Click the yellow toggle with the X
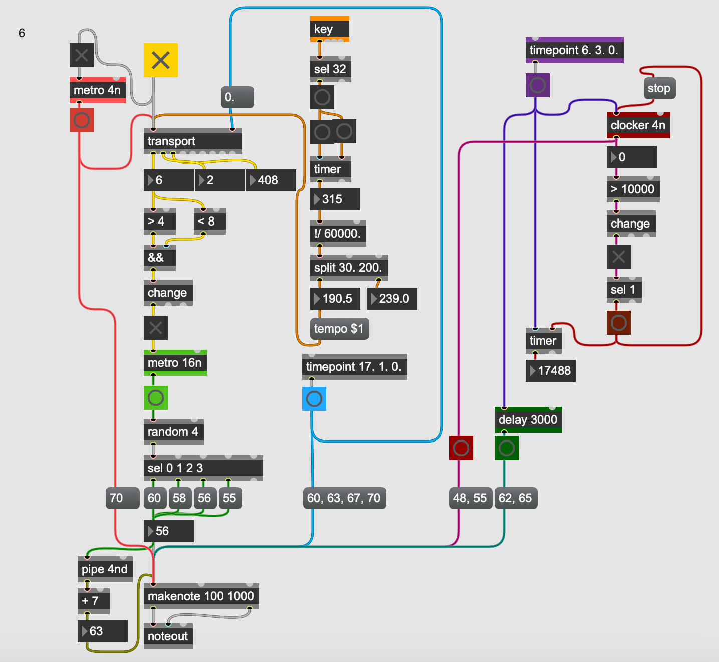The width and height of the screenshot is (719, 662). click(x=160, y=60)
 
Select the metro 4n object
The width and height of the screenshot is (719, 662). click(x=97, y=90)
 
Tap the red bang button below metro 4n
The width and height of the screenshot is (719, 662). click(x=82, y=120)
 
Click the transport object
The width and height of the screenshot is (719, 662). click(x=192, y=141)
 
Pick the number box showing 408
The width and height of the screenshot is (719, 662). click(x=271, y=180)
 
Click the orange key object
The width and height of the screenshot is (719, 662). click(x=329, y=29)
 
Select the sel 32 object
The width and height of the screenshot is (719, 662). click(x=330, y=69)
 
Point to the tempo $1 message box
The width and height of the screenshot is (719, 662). click(x=339, y=329)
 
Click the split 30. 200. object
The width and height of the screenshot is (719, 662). click(x=348, y=268)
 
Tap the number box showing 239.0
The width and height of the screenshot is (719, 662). click(x=392, y=299)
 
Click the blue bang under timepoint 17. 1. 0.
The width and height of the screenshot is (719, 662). click(x=314, y=399)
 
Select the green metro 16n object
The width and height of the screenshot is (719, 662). click(x=175, y=363)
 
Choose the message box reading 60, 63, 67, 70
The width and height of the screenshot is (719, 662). click(x=344, y=498)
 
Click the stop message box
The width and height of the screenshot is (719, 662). click(x=659, y=89)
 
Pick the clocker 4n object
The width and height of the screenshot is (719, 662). click(x=637, y=125)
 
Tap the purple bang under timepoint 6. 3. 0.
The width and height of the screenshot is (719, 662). click(x=538, y=85)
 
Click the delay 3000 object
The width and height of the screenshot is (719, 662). click(x=528, y=420)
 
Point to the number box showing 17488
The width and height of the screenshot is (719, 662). click(x=550, y=371)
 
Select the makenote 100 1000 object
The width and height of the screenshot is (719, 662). click(x=201, y=596)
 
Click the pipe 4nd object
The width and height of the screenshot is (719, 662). click(x=105, y=569)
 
